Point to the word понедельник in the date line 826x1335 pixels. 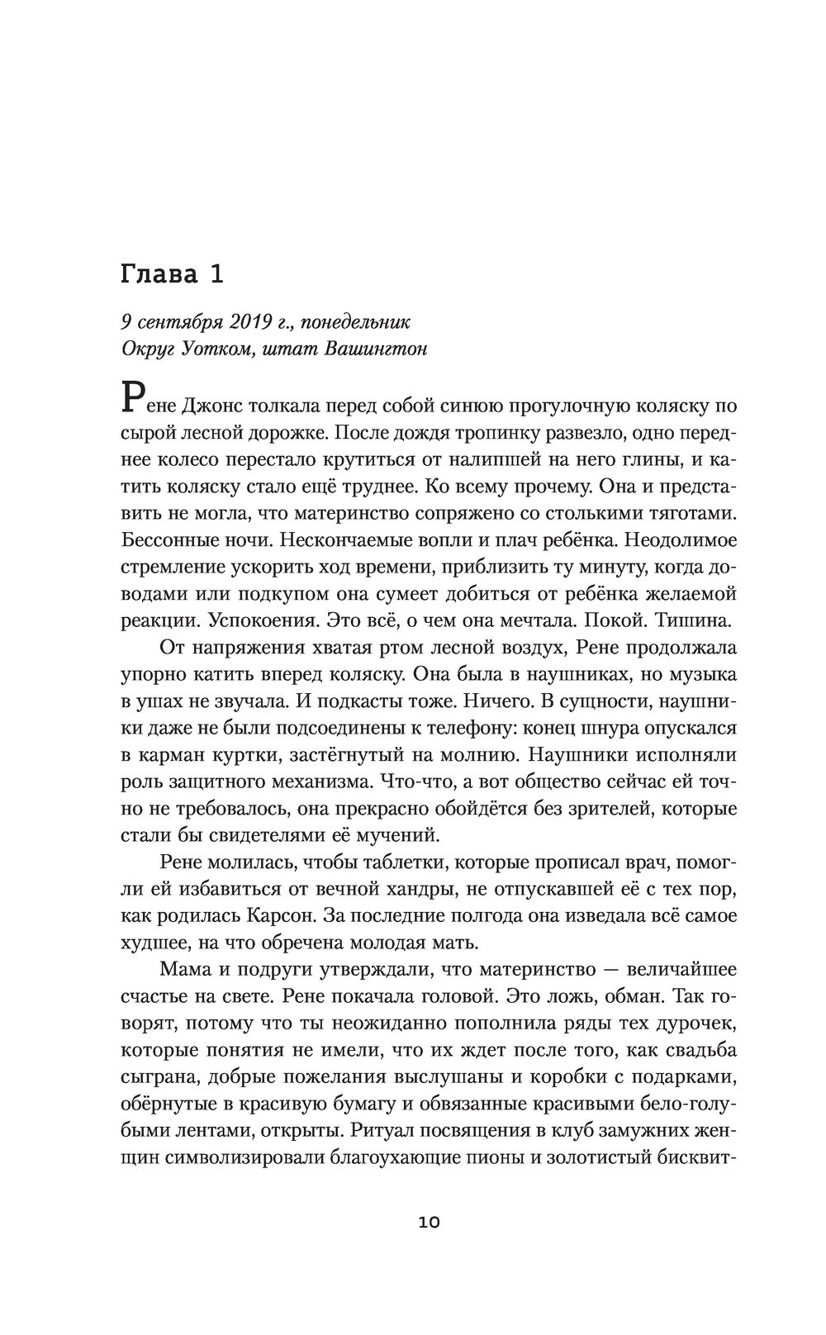click(356, 321)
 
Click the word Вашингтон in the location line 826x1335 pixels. click(376, 348)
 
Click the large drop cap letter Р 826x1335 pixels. click(133, 397)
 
